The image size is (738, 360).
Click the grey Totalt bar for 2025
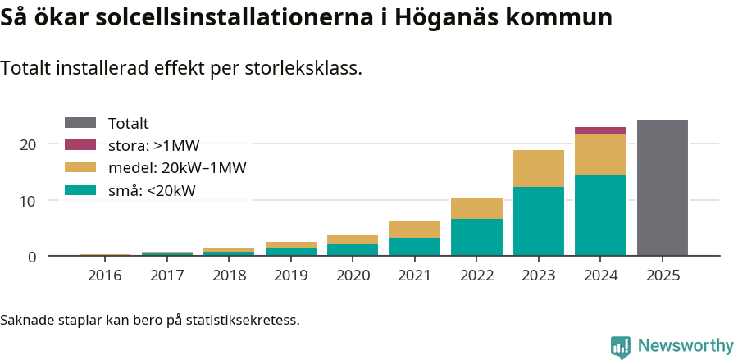pos(662,188)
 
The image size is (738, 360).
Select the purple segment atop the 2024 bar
pos(600,130)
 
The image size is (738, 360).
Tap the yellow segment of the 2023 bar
pos(538,168)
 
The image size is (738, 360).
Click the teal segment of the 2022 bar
pos(476,237)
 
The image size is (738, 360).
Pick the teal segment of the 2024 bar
pos(600,215)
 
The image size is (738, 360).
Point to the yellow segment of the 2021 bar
pos(414,229)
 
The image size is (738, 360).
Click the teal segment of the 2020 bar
pos(353,250)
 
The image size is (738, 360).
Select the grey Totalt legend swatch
pos(80,123)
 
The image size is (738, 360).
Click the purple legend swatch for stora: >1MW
pos(80,145)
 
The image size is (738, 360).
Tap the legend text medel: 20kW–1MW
pos(177,168)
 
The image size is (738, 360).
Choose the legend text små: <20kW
pos(152,191)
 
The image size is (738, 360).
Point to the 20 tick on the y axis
pos(29,145)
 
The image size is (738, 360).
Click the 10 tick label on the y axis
pos(29,201)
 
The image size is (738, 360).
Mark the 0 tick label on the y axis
pos(33,257)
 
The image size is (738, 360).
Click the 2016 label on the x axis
pos(104,276)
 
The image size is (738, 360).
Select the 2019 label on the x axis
pos(290,276)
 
